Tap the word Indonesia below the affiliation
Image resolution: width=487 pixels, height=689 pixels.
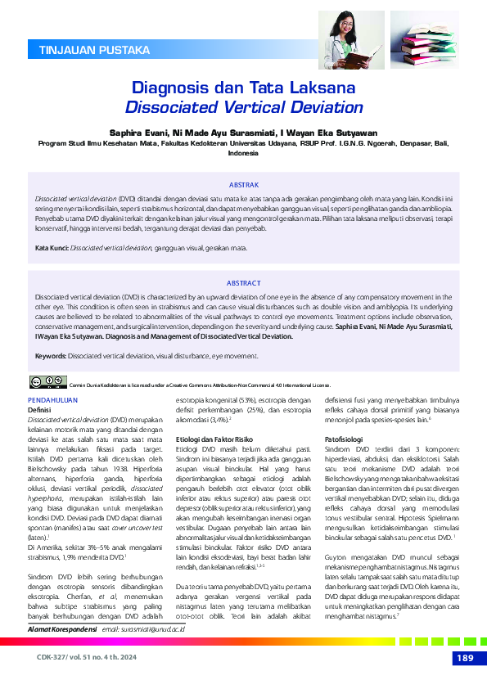[x=243, y=153]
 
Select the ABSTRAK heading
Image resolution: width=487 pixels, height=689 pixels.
[x=243, y=186]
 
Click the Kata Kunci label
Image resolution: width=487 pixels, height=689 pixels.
[x=51, y=246]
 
